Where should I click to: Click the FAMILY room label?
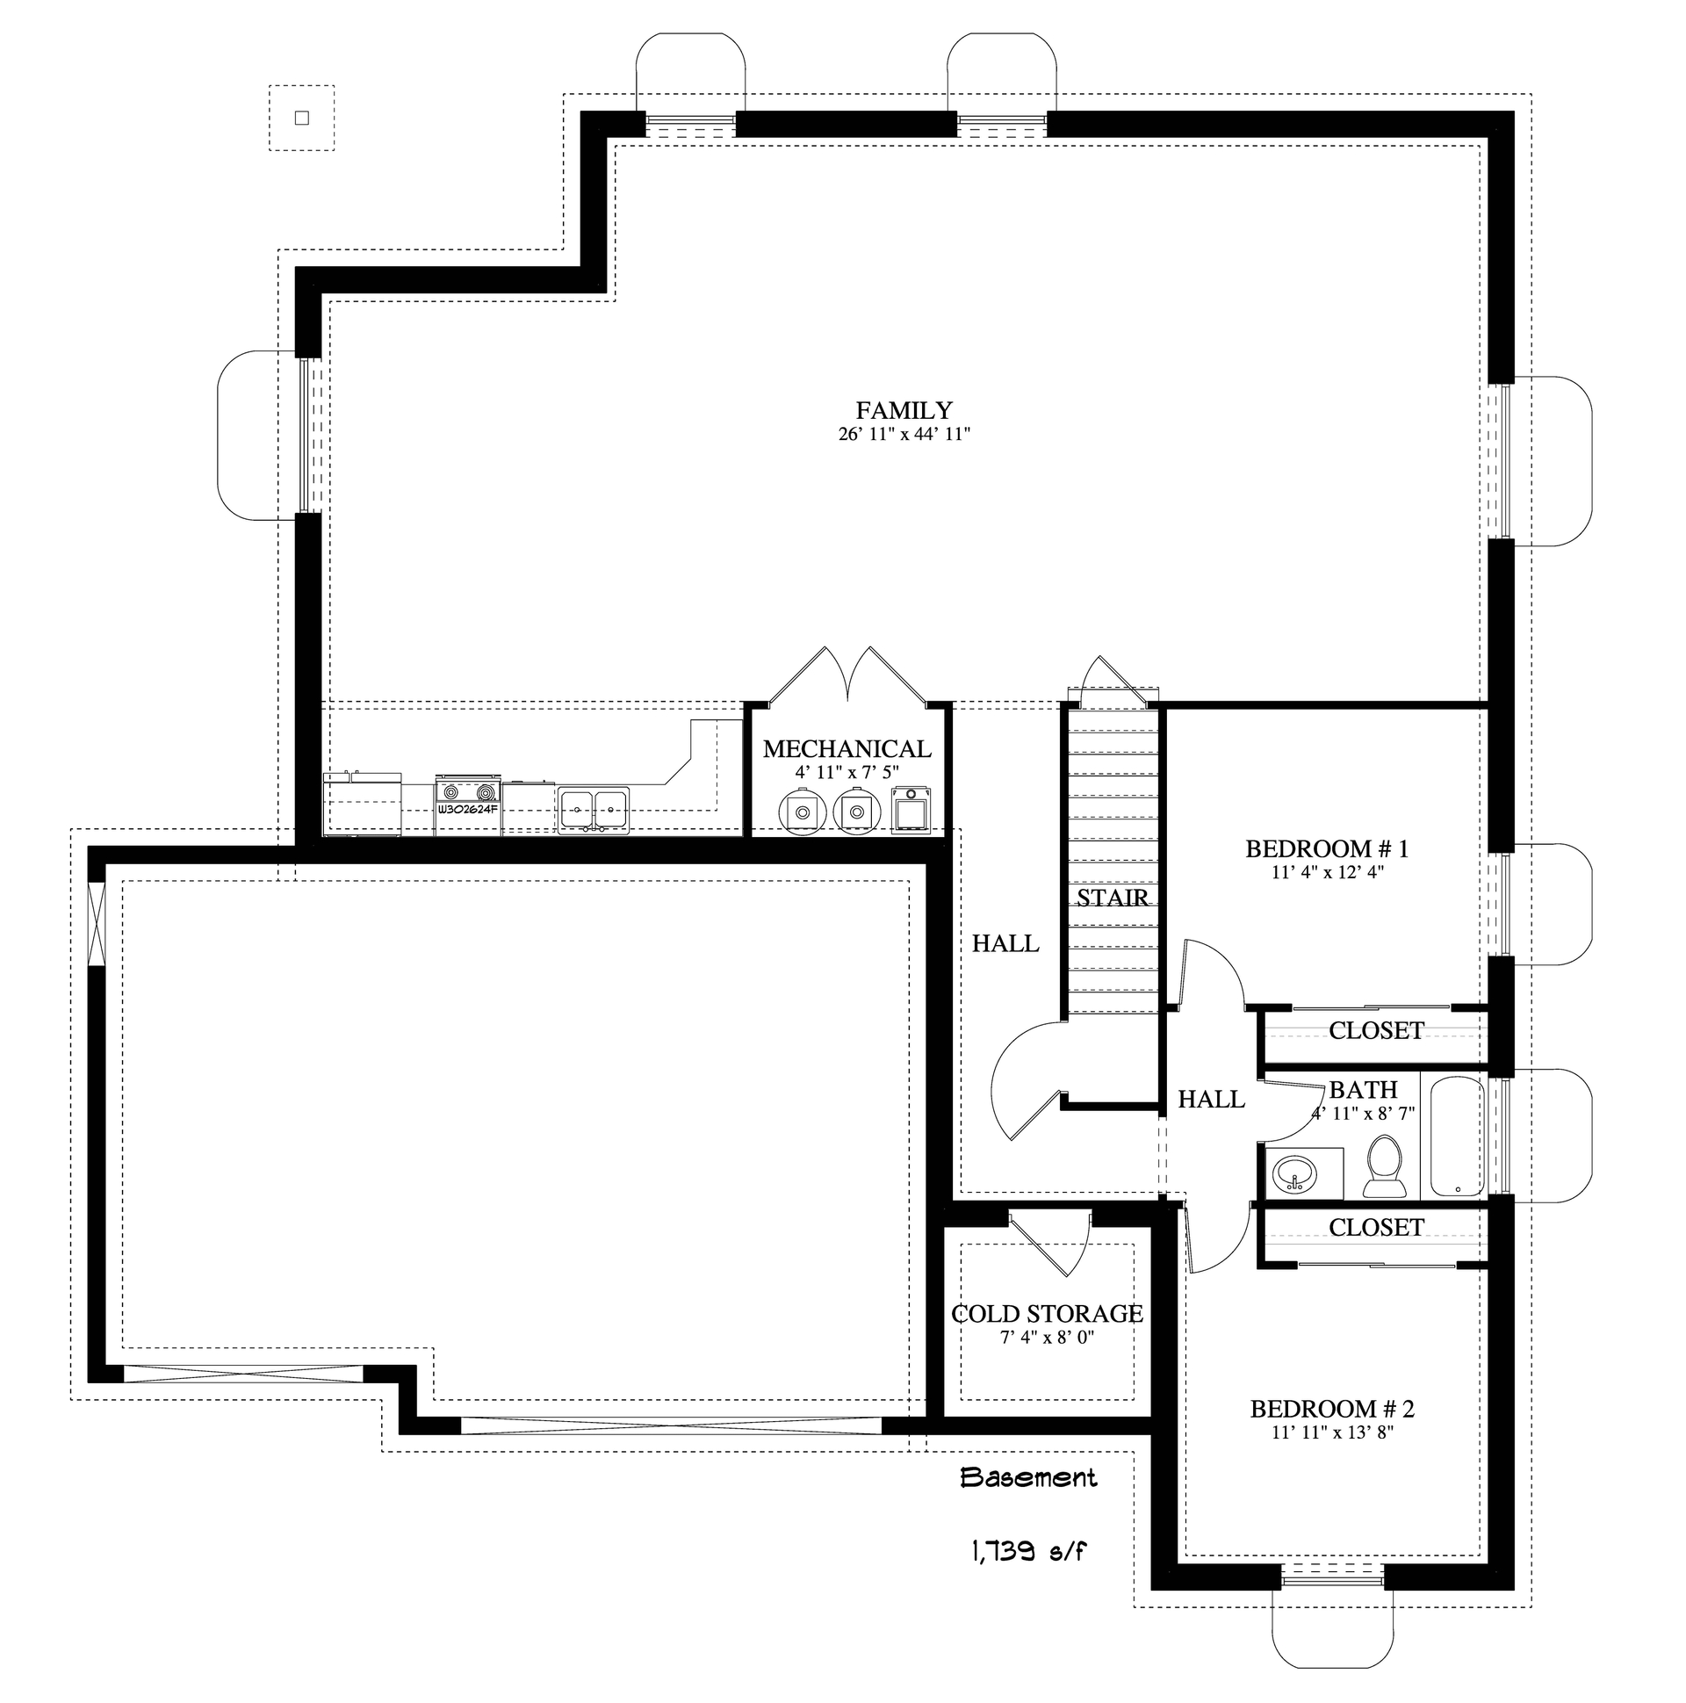pyautogui.click(x=904, y=411)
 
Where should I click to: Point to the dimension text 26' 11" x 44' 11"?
pyautogui.click(x=904, y=434)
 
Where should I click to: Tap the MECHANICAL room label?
pyautogui.click(x=847, y=749)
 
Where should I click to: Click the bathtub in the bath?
pyautogui.click(x=1457, y=1137)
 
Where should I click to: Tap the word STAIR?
pyautogui.click(x=1113, y=898)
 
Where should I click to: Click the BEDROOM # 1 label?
pyautogui.click(x=1327, y=848)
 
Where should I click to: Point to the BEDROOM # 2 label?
pyautogui.click(x=1332, y=1410)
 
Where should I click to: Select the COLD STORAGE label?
pyautogui.click(x=1046, y=1314)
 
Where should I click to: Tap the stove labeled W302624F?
pyautogui.click(x=468, y=803)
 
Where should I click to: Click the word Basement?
pyautogui.click(x=1027, y=1478)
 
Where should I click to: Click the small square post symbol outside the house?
pyautogui.click(x=301, y=118)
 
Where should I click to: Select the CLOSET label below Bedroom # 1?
pyautogui.click(x=1376, y=1030)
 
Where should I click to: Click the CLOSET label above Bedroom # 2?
pyautogui.click(x=1376, y=1228)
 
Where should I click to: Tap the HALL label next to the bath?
pyautogui.click(x=1211, y=1100)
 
